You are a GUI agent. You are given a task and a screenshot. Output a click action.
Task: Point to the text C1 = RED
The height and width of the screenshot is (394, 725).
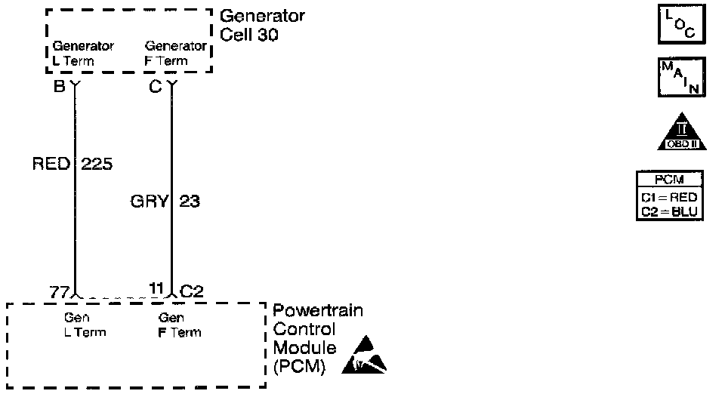click(x=670, y=198)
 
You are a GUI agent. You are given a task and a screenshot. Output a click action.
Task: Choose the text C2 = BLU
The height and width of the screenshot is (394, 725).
click(x=670, y=211)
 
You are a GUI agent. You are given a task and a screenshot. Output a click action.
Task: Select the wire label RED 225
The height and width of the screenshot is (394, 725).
click(x=72, y=164)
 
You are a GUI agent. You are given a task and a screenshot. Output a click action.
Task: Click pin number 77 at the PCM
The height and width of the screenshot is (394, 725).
click(x=59, y=291)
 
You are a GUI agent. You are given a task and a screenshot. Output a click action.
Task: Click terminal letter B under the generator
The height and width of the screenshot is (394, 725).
click(x=59, y=86)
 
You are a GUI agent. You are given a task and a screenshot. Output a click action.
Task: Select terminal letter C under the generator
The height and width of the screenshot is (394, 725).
click(x=155, y=86)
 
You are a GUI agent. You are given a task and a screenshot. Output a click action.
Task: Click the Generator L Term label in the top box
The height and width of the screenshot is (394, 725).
click(x=83, y=54)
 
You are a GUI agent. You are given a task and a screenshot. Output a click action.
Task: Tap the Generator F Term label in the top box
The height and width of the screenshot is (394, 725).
click(x=175, y=54)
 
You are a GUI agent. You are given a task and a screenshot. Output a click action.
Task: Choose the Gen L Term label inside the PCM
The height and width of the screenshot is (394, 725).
click(x=85, y=325)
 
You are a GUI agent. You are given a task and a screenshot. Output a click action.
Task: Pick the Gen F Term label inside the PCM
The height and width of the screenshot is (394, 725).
click(x=180, y=325)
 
